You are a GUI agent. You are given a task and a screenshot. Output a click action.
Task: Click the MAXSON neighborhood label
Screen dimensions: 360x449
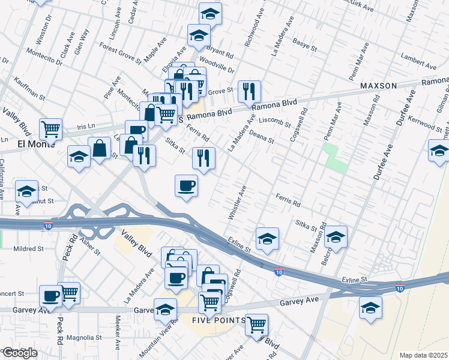379,86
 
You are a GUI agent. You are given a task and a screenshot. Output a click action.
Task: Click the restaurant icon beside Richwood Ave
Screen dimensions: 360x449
249,92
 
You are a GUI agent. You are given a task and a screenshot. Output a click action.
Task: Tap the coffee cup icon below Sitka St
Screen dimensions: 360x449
187,186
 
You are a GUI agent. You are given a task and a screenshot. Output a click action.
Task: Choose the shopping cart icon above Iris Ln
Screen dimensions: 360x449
51,128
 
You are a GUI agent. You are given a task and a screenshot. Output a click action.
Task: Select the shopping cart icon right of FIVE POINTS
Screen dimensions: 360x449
256,325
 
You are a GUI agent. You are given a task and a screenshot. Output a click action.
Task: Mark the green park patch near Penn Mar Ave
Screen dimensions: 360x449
335,157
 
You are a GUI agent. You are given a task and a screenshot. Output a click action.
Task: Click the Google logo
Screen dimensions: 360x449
20,353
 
